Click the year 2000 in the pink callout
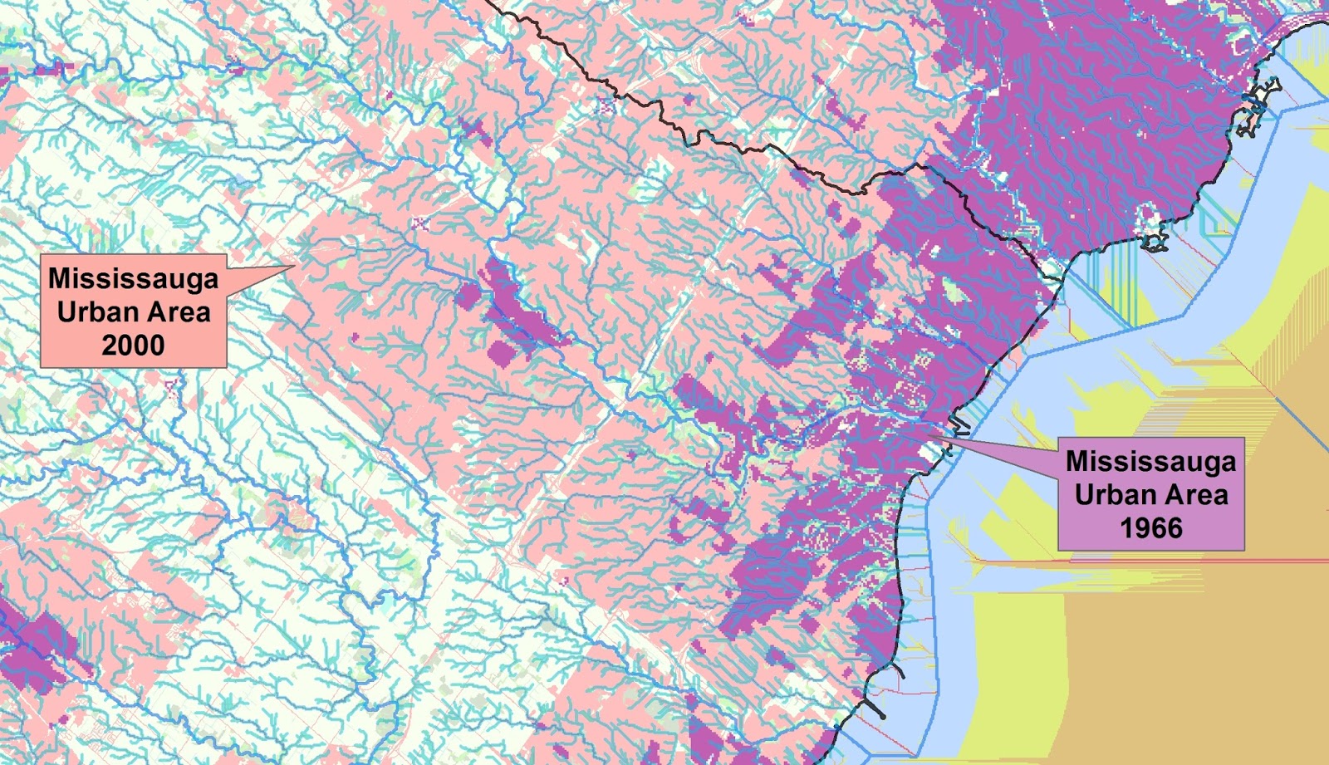click(x=133, y=345)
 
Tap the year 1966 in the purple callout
click(x=1150, y=527)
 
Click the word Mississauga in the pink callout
click(x=133, y=278)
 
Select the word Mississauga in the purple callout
click(x=1150, y=461)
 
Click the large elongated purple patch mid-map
click(x=515, y=303)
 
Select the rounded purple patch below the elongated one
click(x=504, y=352)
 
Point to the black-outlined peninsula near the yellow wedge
click(x=1155, y=242)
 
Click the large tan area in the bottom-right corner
click(x=1204, y=664)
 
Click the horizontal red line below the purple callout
click(x=1163, y=561)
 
